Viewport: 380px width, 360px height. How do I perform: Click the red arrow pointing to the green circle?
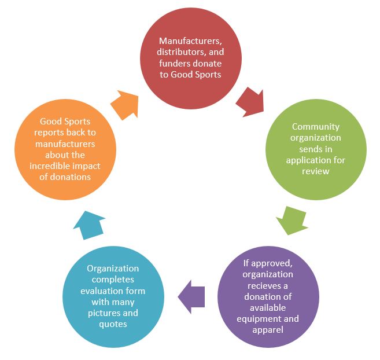click(x=250, y=102)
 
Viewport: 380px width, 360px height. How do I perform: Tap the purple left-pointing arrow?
click(x=191, y=297)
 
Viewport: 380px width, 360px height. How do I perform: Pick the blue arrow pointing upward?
click(x=89, y=225)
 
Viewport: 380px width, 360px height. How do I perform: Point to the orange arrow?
click(x=125, y=105)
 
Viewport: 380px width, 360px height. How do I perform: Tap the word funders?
click(x=173, y=63)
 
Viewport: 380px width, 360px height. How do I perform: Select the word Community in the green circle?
click(x=316, y=127)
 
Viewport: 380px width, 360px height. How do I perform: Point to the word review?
click(x=316, y=171)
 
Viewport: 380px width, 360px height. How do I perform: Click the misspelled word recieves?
click(x=264, y=286)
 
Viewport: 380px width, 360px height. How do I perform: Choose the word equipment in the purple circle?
click(x=259, y=319)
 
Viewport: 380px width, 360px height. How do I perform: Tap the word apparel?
click(x=268, y=330)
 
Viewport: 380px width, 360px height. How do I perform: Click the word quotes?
click(x=113, y=324)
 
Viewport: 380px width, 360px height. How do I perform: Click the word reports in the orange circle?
click(x=49, y=133)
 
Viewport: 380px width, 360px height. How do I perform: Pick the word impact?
click(x=88, y=167)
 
